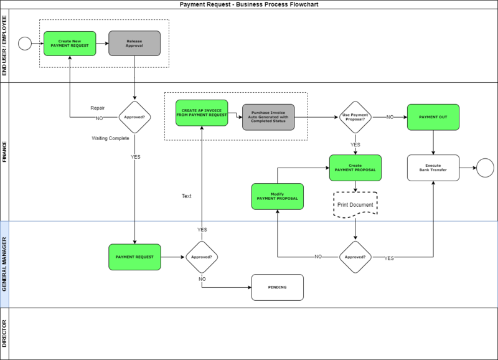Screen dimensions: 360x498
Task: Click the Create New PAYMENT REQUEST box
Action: [70, 44]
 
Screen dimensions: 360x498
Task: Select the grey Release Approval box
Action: [134, 44]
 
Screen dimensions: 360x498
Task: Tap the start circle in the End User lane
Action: [26, 44]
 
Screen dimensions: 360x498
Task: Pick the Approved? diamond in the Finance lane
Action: [134, 116]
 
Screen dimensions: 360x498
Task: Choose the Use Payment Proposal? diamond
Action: [355, 116]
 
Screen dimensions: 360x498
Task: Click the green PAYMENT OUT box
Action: [433, 116]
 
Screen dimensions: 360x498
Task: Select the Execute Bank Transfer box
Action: [433, 168]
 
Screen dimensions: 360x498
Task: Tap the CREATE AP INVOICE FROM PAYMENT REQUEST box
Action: [202, 113]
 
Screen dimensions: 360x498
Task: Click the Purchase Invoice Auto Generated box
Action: [268, 116]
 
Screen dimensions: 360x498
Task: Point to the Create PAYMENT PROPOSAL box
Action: [355, 168]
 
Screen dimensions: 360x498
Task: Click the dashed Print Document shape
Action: [355, 204]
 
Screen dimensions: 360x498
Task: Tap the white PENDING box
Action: [277, 287]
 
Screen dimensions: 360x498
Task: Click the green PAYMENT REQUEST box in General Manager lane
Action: [134, 257]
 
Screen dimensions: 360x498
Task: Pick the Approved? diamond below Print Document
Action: [355, 257]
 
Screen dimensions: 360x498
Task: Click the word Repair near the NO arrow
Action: [97, 107]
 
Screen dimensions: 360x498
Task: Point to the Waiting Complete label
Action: [110, 138]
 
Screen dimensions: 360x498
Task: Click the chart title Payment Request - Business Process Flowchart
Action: [249, 4]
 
